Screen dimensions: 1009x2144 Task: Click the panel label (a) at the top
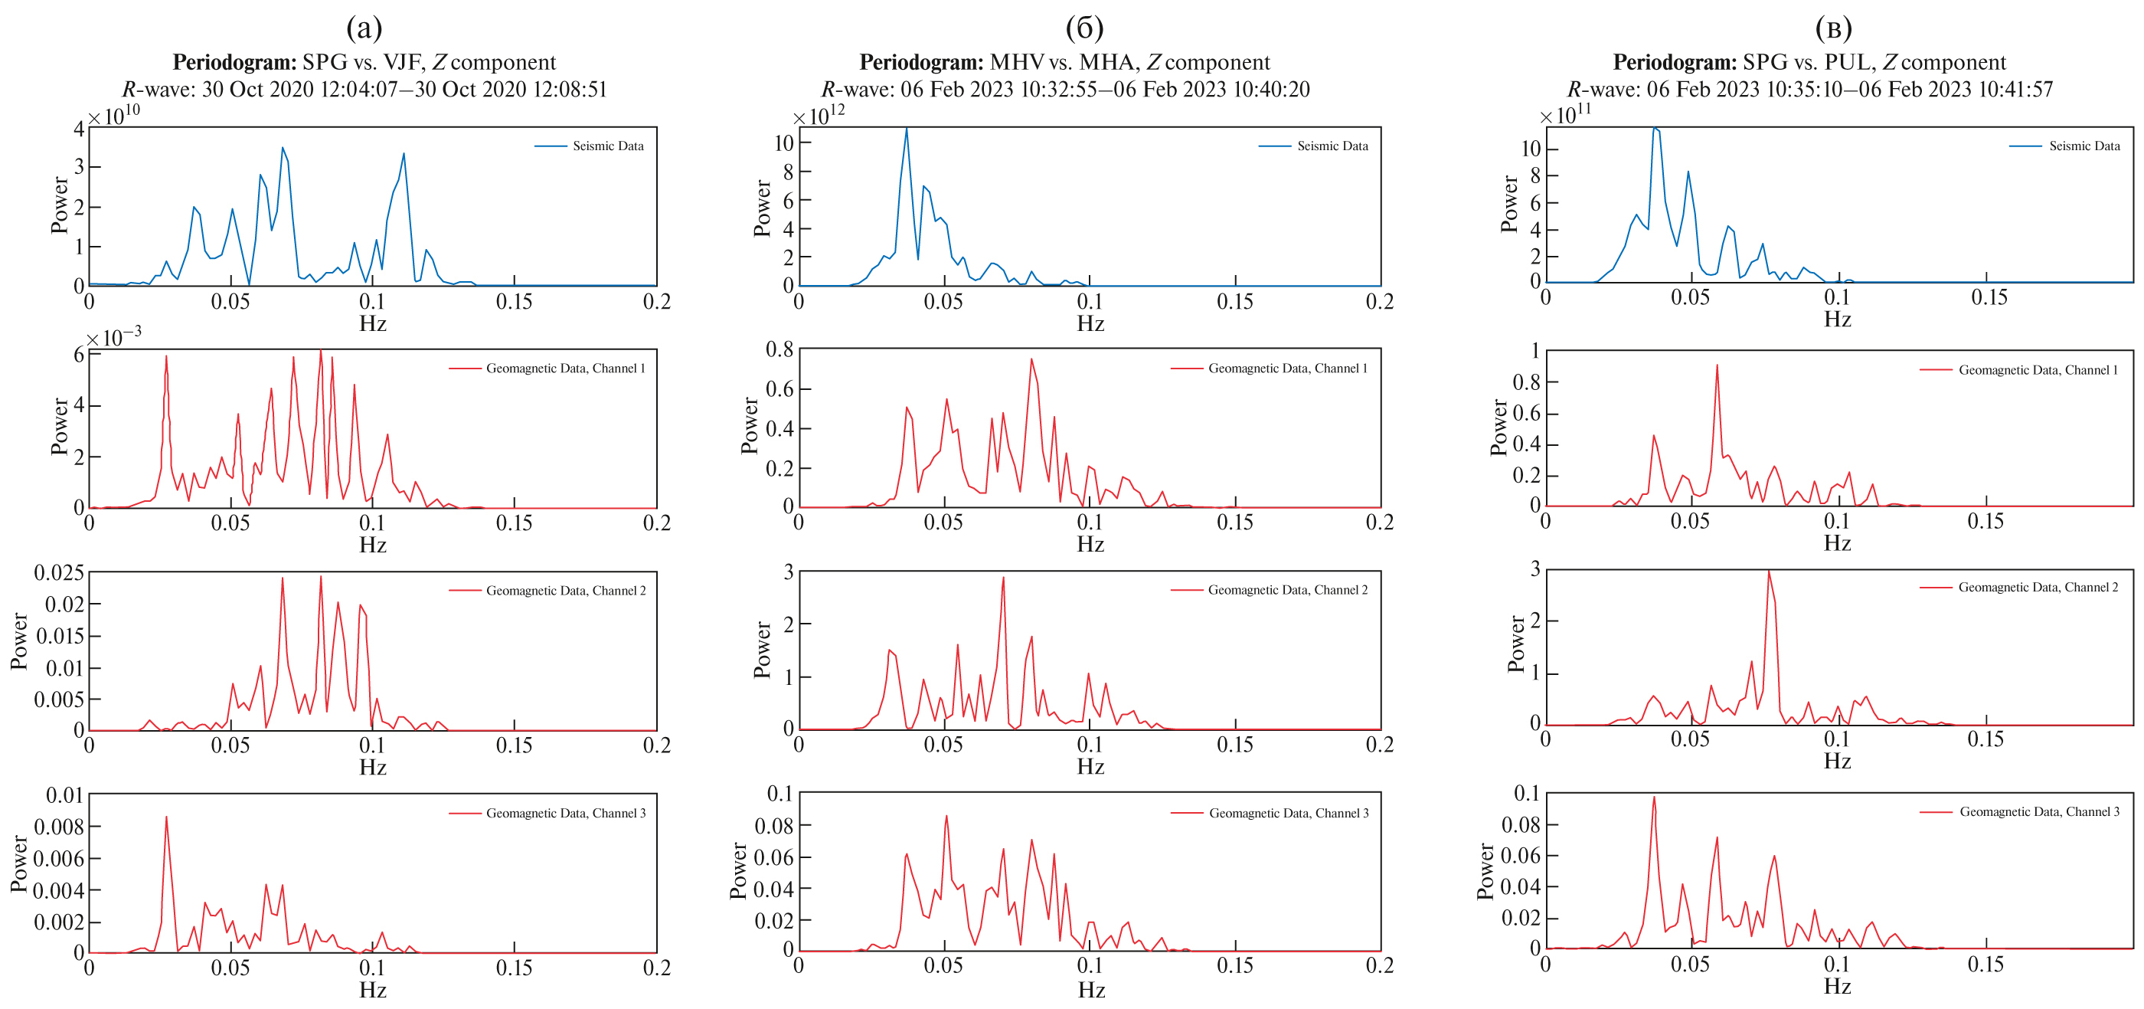pos(364,28)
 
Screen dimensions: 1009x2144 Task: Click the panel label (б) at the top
pos(1084,28)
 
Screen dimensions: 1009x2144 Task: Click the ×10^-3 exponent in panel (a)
pos(114,338)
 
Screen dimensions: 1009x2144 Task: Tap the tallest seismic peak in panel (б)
pos(907,129)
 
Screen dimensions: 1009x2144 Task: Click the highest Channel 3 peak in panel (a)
pos(166,817)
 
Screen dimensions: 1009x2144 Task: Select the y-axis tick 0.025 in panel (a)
pos(59,573)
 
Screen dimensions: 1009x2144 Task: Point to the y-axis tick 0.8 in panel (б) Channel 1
pos(779,349)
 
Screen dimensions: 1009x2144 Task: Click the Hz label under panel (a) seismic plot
pos(373,323)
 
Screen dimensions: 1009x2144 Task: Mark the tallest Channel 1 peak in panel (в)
pos(1716,365)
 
